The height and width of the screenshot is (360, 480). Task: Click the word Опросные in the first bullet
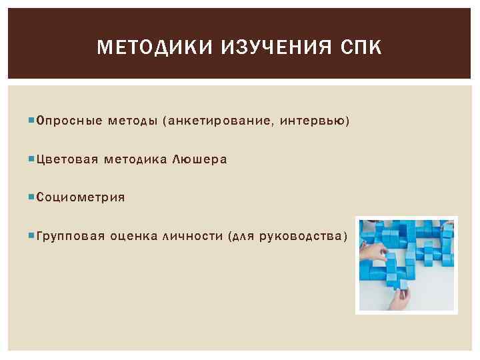coord(69,121)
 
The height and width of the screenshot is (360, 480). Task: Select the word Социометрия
coord(81,197)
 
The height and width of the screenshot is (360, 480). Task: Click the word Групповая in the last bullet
coord(71,235)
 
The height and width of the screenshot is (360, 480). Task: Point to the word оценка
coord(133,235)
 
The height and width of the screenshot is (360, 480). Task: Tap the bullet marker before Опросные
coord(33,121)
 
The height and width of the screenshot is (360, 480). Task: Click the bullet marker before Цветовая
coord(33,159)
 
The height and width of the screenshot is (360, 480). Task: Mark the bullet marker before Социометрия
coord(33,197)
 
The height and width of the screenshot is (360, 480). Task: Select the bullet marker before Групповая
coord(33,235)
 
